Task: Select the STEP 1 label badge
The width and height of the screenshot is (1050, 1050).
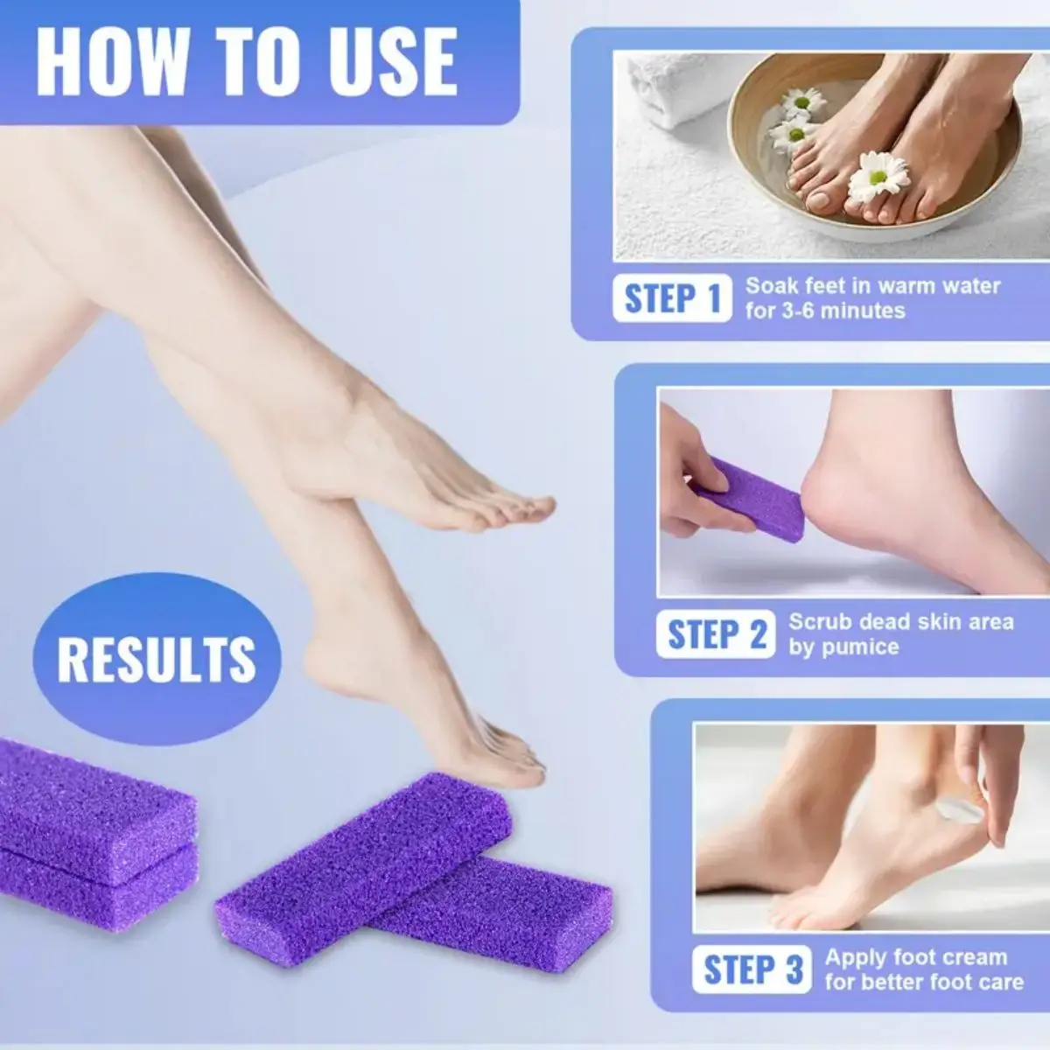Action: pyautogui.click(x=672, y=298)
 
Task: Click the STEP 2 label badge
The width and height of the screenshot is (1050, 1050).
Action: pyautogui.click(x=716, y=634)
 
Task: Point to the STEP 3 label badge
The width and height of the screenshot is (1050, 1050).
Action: pyautogui.click(x=753, y=969)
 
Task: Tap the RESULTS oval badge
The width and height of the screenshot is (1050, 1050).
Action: pyautogui.click(x=157, y=659)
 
